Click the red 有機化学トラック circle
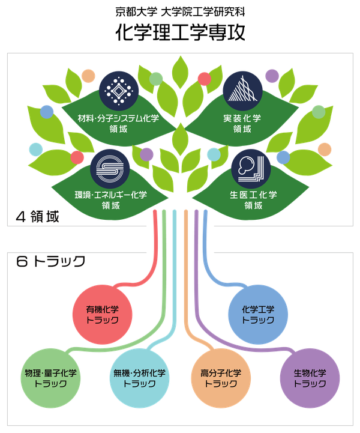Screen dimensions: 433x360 click(103, 315)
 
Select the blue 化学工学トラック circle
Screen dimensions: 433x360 click(258, 315)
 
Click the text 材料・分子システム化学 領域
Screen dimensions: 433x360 click(118, 123)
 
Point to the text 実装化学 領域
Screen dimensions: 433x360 click(242, 123)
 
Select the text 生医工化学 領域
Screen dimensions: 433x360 click(253, 200)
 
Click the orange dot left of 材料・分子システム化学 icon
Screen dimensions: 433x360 click(89, 76)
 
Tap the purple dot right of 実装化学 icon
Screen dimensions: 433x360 click(272, 76)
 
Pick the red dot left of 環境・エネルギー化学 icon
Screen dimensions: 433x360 click(77, 158)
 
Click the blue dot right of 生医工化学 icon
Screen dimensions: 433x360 click(283, 157)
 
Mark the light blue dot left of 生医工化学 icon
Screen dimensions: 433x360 click(213, 155)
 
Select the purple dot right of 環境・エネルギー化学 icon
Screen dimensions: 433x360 click(146, 155)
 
